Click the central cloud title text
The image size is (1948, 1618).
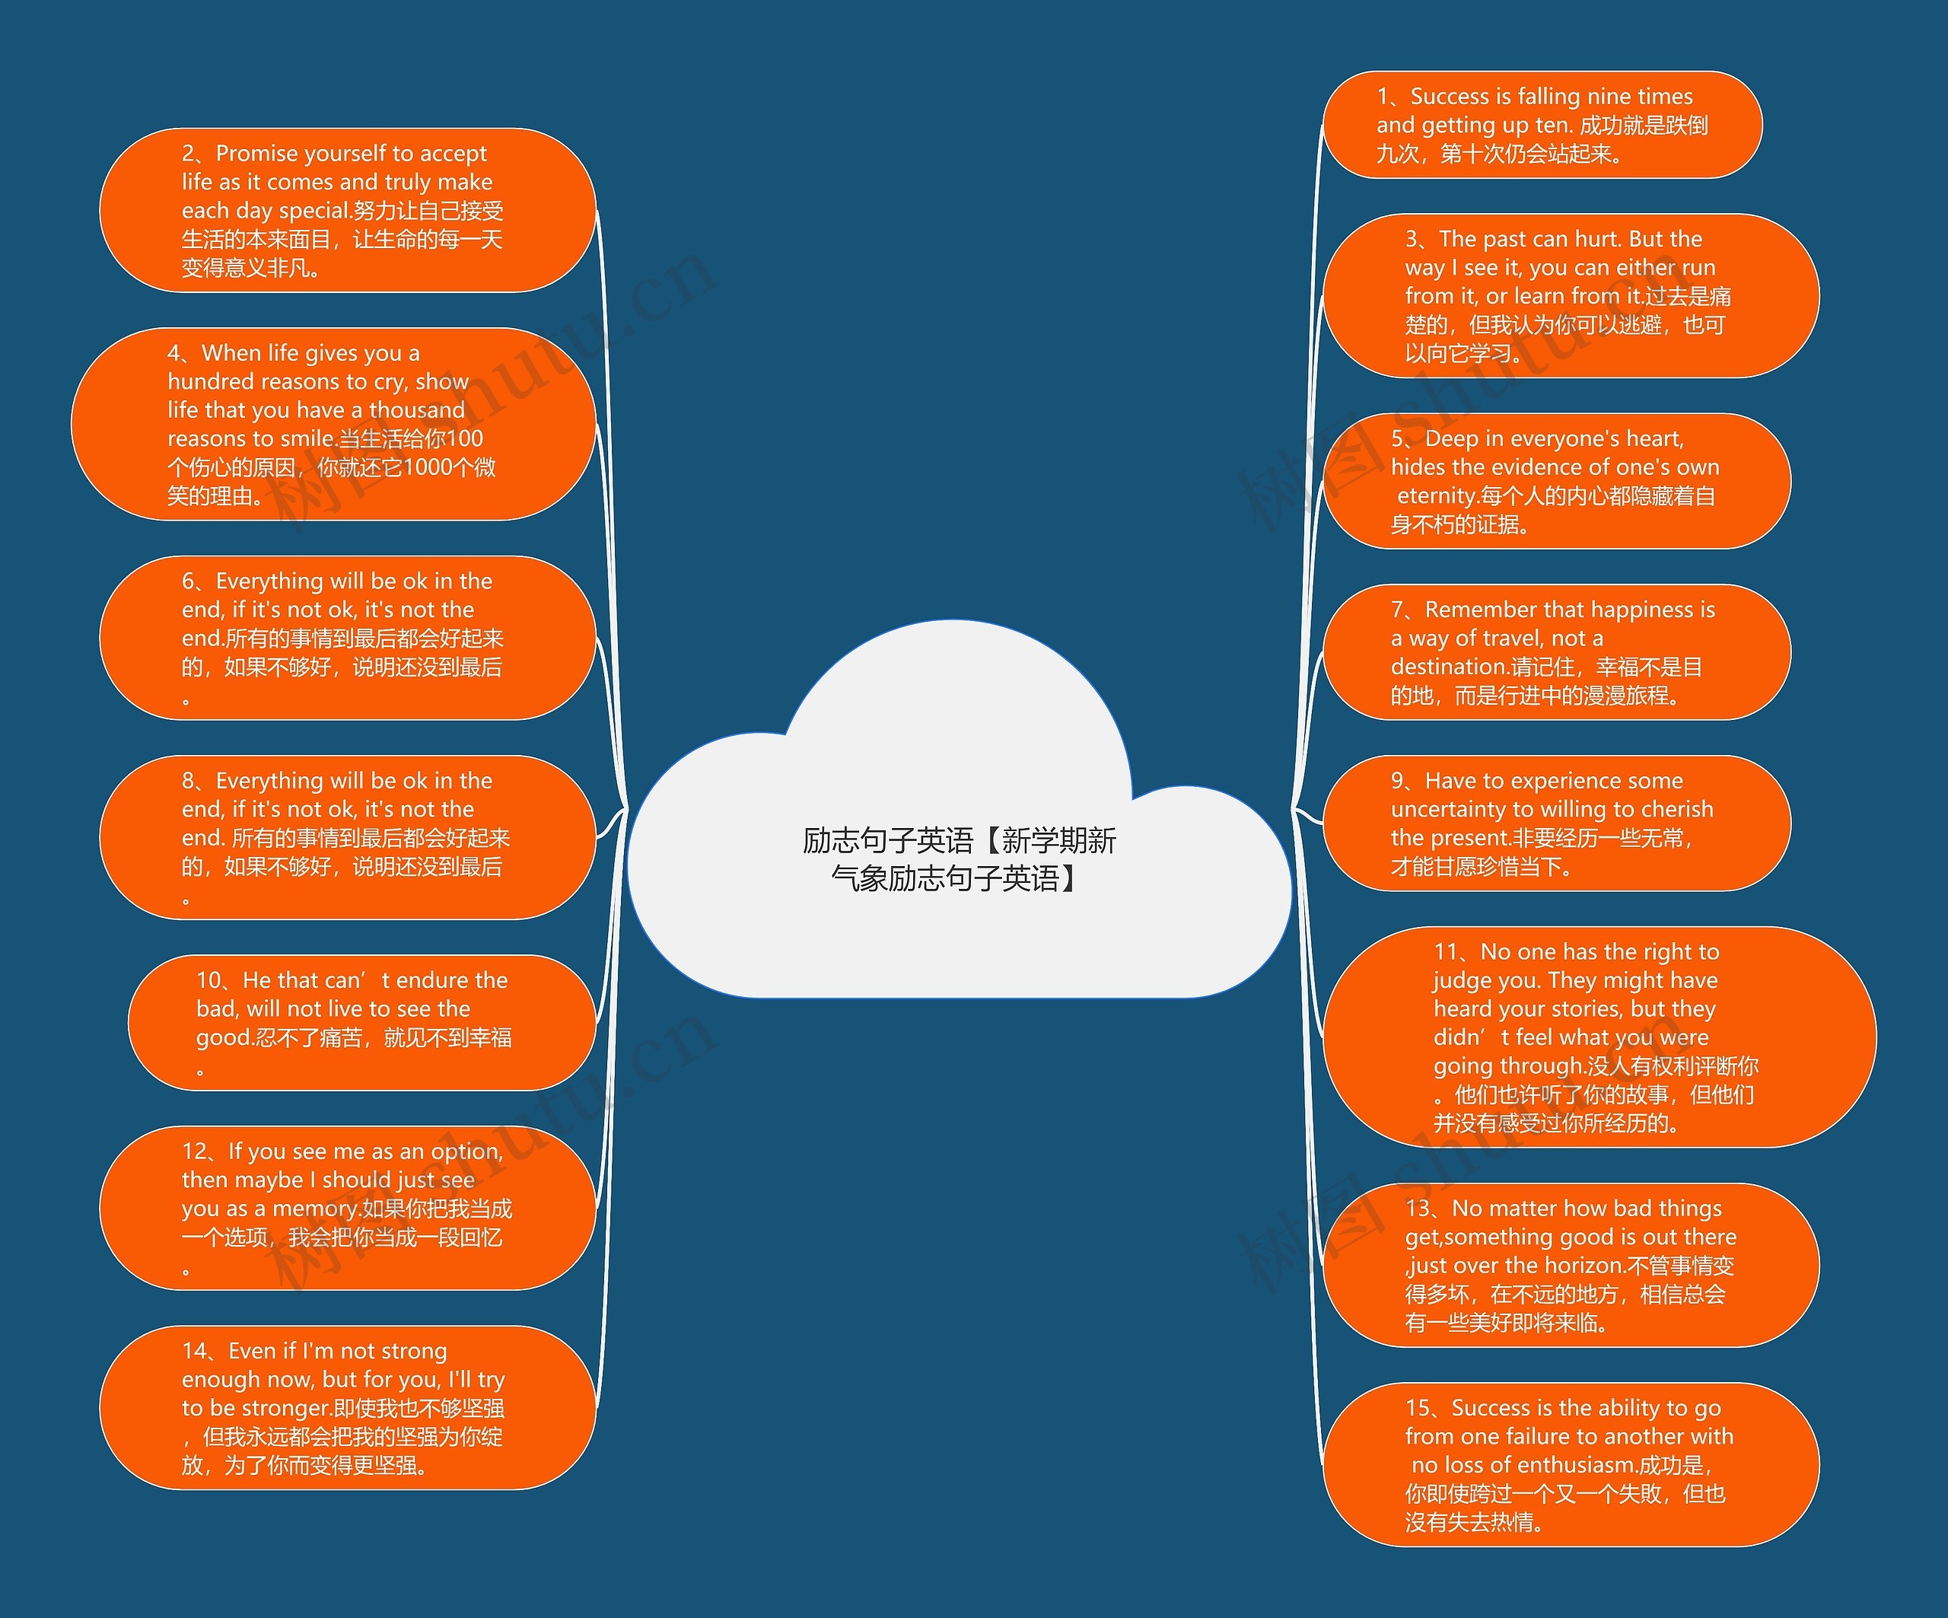958,858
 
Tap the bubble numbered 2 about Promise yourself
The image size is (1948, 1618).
347,211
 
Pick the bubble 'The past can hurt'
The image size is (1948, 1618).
1570,296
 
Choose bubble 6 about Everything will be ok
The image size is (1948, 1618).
347,639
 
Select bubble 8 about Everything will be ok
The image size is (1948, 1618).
347,838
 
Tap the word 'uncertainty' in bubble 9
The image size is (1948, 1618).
1448,810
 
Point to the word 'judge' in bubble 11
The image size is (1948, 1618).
1459,981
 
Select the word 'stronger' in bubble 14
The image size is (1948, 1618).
285,1408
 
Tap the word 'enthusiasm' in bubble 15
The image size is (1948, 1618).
1579,1466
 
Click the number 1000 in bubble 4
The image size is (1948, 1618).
427,467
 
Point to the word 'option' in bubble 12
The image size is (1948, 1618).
465,1152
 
